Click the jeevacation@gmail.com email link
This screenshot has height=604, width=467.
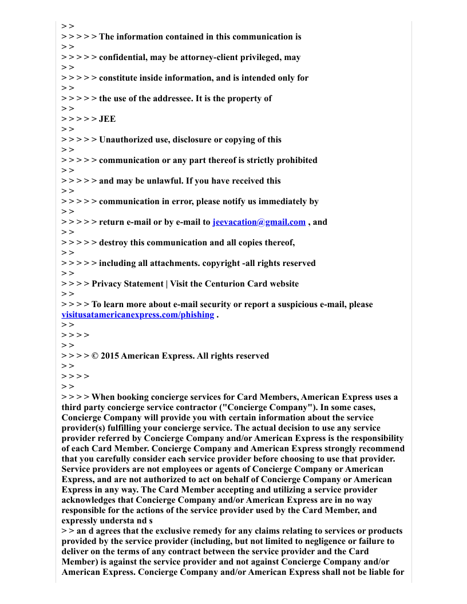[259, 222]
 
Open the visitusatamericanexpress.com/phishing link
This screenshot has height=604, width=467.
[137, 315]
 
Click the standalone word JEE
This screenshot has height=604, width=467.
[107, 119]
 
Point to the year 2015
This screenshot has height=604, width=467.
[110, 356]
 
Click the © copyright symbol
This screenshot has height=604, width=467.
[95, 356]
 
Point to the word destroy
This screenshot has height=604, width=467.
[113, 243]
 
